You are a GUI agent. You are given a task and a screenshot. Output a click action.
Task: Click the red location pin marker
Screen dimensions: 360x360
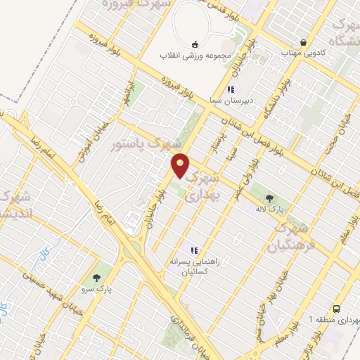pos(181,165)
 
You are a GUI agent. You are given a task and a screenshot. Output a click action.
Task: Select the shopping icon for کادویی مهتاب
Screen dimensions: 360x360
pos(303,41)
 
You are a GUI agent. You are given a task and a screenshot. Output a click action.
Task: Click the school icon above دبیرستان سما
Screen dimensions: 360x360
pos(230,90)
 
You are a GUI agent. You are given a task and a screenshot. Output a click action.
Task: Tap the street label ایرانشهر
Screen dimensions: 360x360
pos(127,92)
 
